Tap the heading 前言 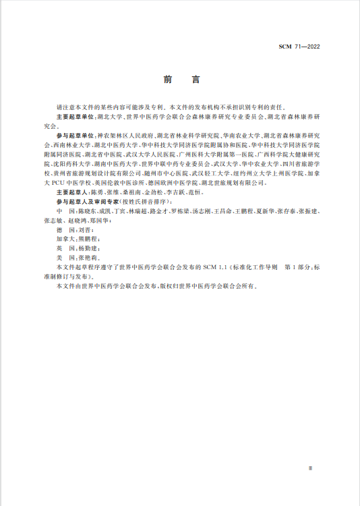(x=181, y=80)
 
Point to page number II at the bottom (x=310, y=467)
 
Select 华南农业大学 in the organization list (x=239, y=136)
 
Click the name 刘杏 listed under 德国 (x=88, y=230)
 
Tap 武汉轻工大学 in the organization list (x=210, y=173)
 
